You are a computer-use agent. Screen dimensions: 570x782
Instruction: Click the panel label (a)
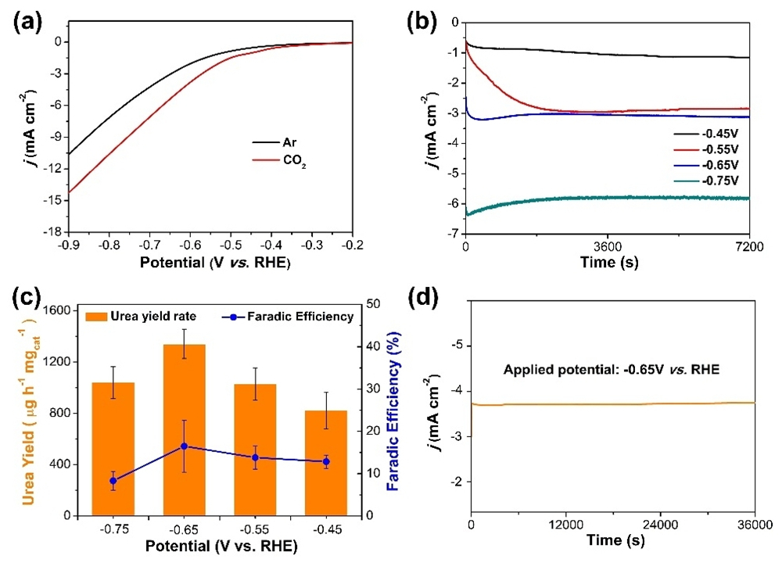coord(29,22)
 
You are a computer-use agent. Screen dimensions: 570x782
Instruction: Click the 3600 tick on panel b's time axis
coord(608,246)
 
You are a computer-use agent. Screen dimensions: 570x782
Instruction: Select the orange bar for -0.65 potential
coord(185,430)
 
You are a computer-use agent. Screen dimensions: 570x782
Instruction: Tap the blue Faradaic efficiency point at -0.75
coord(113,481)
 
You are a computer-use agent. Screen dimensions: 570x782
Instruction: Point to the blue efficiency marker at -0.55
coord(255,457)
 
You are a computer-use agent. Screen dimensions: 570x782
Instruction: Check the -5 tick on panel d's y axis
coord(457,345)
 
